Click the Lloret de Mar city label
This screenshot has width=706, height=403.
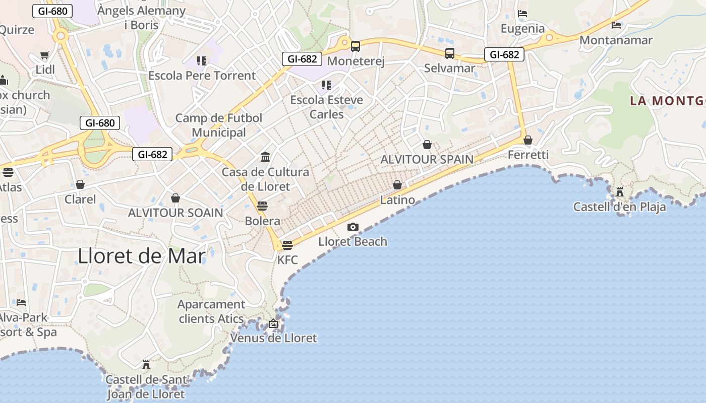(142, 256)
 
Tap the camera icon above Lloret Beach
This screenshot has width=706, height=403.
(353, 227)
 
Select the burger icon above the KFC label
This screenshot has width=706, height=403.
(287, 245)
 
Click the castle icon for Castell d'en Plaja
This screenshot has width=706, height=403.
(620, 192)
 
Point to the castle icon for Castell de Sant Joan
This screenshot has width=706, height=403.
(146, 364)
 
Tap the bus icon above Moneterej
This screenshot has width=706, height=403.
(356, 46)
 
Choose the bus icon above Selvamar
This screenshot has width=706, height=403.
(450, 53)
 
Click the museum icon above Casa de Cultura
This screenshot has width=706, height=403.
(265, 157)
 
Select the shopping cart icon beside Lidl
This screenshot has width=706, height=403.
(45, 55)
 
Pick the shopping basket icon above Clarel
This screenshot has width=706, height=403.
(80, 185)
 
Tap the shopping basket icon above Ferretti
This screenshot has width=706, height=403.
(528, 140)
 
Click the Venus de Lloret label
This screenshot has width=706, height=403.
(274, 338)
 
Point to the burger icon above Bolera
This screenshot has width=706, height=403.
(262, 206)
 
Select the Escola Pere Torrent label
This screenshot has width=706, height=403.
(202, 76)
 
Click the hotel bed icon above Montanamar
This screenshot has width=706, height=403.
(616, 25)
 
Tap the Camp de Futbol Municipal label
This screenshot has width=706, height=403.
(219, 125)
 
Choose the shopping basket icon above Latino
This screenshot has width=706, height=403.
(397, 185)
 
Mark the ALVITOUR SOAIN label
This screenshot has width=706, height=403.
(175, 213)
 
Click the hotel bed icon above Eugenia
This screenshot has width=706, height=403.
(522, 14)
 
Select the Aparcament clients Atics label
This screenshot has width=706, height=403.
(211, 311)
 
